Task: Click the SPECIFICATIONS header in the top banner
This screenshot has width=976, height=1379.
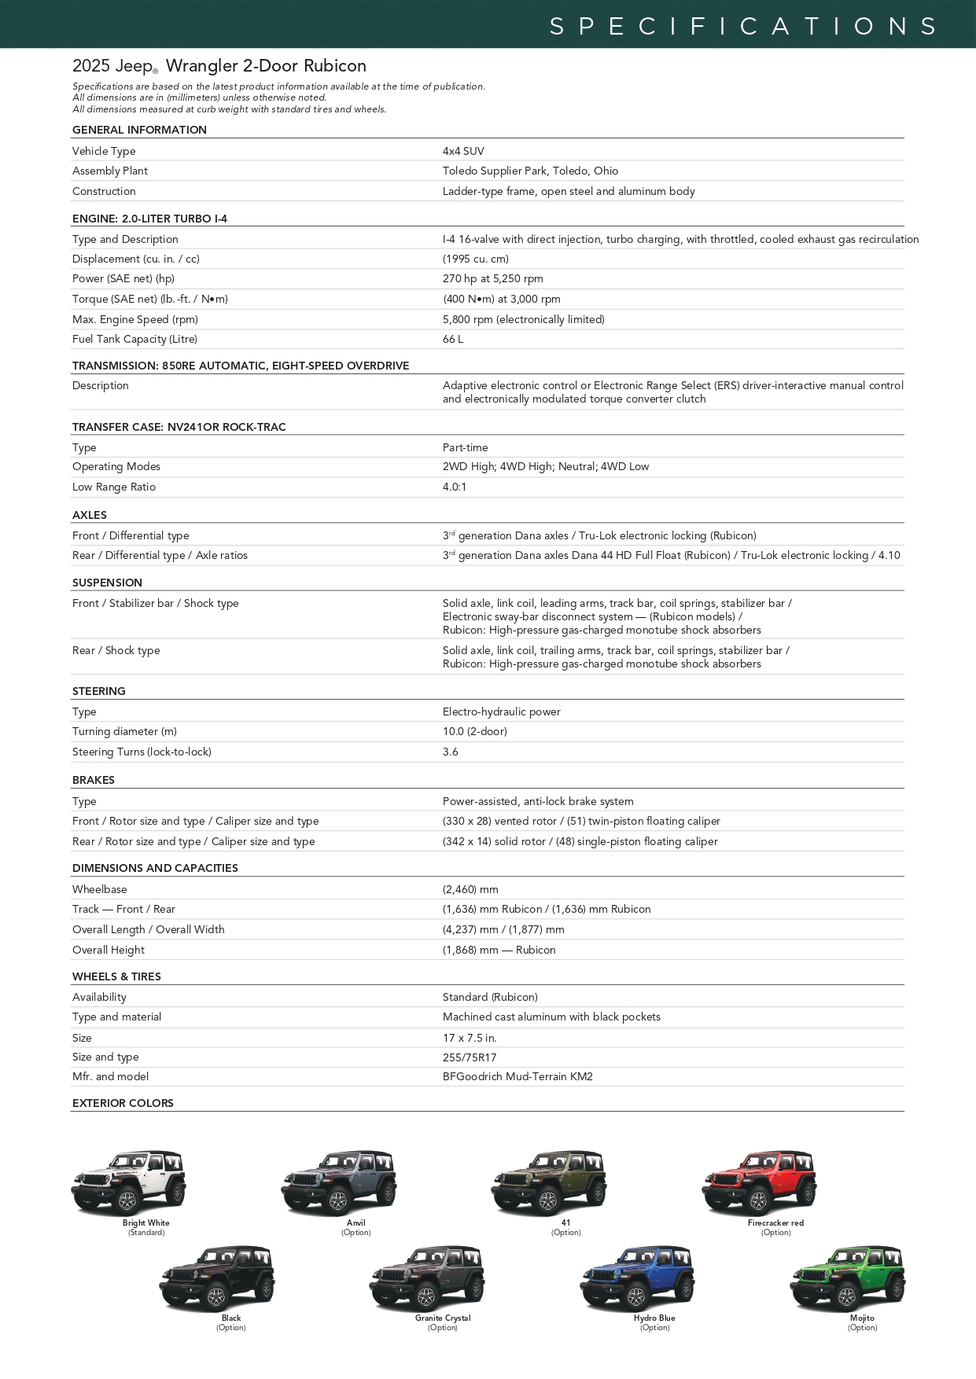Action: [743, 27]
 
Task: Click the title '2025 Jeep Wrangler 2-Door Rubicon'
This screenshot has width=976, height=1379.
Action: [219, 66]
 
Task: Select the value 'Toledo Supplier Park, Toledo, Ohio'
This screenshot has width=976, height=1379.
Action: [530, 171]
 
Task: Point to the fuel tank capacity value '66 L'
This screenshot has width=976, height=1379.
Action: [453, 340]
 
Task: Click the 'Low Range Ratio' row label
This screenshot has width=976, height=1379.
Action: [114, 487]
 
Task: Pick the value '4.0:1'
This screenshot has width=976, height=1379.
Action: [455, 487]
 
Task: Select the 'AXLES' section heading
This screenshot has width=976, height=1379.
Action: [90, 516]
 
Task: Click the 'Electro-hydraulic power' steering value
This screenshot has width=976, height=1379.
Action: [502, 712]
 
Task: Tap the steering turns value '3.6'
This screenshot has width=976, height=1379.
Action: [451, 752]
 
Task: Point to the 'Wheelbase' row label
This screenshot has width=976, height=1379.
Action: [100, 890]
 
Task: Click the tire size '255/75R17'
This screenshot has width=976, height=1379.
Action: [470, 1058]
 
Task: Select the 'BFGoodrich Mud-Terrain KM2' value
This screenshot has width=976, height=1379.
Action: [517, 1077]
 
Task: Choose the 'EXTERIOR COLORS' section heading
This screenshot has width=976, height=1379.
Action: [123, 1104]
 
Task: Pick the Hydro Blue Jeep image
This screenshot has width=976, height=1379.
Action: [637, 1278]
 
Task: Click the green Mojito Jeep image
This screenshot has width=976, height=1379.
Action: [847, 1278]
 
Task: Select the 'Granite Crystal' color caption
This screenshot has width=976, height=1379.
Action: [443, 1318]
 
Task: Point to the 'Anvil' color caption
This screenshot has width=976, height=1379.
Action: [356, 1223]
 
